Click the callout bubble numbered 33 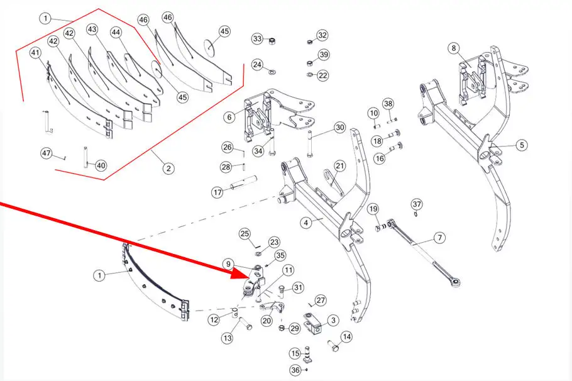click(x=257, y=39)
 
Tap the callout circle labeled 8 click(x=453, y=48)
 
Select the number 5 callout click(x=522, y=145)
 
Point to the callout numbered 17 click(x=217, y=192)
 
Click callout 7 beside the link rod click(x=439, y=238)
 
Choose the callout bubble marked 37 click(x=417, y=204)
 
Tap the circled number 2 click(x=168, y=168)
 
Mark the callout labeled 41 click(x=35, y=54)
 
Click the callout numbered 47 click(x=47, y=153)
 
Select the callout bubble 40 click(x=101, y=166)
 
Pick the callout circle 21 click(x=339, y=166)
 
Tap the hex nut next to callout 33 click(x=273, y=41)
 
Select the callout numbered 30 click(x=339, y=128)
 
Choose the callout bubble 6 click(x=229, y=117)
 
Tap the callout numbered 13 click(x=227, y=338)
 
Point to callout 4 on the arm click(x=305, y=223)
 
